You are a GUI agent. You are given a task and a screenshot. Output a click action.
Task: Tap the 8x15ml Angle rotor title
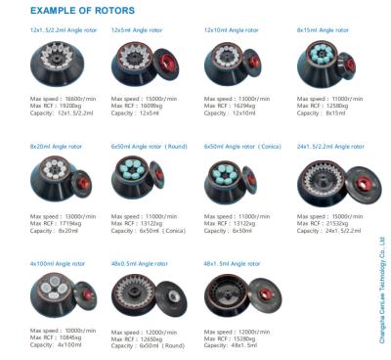[320, 30]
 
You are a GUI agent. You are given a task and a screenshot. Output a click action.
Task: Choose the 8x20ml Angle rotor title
[54, 146]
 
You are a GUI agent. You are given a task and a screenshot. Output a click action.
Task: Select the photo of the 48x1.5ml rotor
[235, 298]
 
